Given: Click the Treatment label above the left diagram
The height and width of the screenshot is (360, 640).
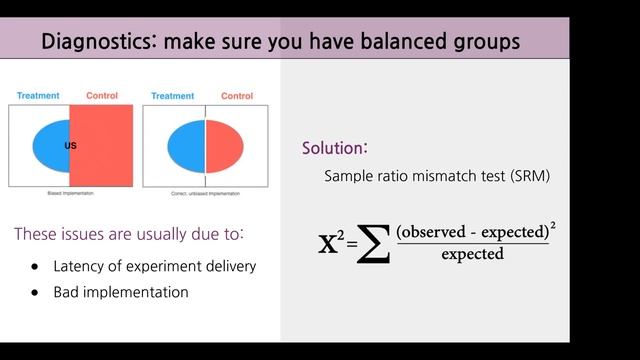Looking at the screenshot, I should point(39,96).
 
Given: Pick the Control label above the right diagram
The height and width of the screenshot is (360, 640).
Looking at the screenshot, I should point(236,96).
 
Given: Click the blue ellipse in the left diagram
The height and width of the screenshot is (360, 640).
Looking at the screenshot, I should point(50,145).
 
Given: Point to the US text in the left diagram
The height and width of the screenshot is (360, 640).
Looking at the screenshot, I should point(70,146).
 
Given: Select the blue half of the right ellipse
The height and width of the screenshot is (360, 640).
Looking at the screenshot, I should point(186,145).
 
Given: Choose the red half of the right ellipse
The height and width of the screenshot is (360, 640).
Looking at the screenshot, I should point(224,145).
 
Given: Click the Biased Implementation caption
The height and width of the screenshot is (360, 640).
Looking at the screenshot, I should point(70,192).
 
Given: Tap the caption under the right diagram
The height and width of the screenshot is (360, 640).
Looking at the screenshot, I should point(205,192).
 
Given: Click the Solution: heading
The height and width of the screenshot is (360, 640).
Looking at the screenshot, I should point(334,148).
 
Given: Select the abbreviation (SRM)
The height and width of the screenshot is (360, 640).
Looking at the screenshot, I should point(524,176).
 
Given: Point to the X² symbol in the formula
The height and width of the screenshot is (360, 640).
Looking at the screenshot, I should point(330,242).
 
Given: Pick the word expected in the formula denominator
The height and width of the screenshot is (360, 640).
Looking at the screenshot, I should point(472,255).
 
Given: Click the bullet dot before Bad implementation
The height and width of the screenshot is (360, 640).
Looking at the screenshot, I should point(35,293).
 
